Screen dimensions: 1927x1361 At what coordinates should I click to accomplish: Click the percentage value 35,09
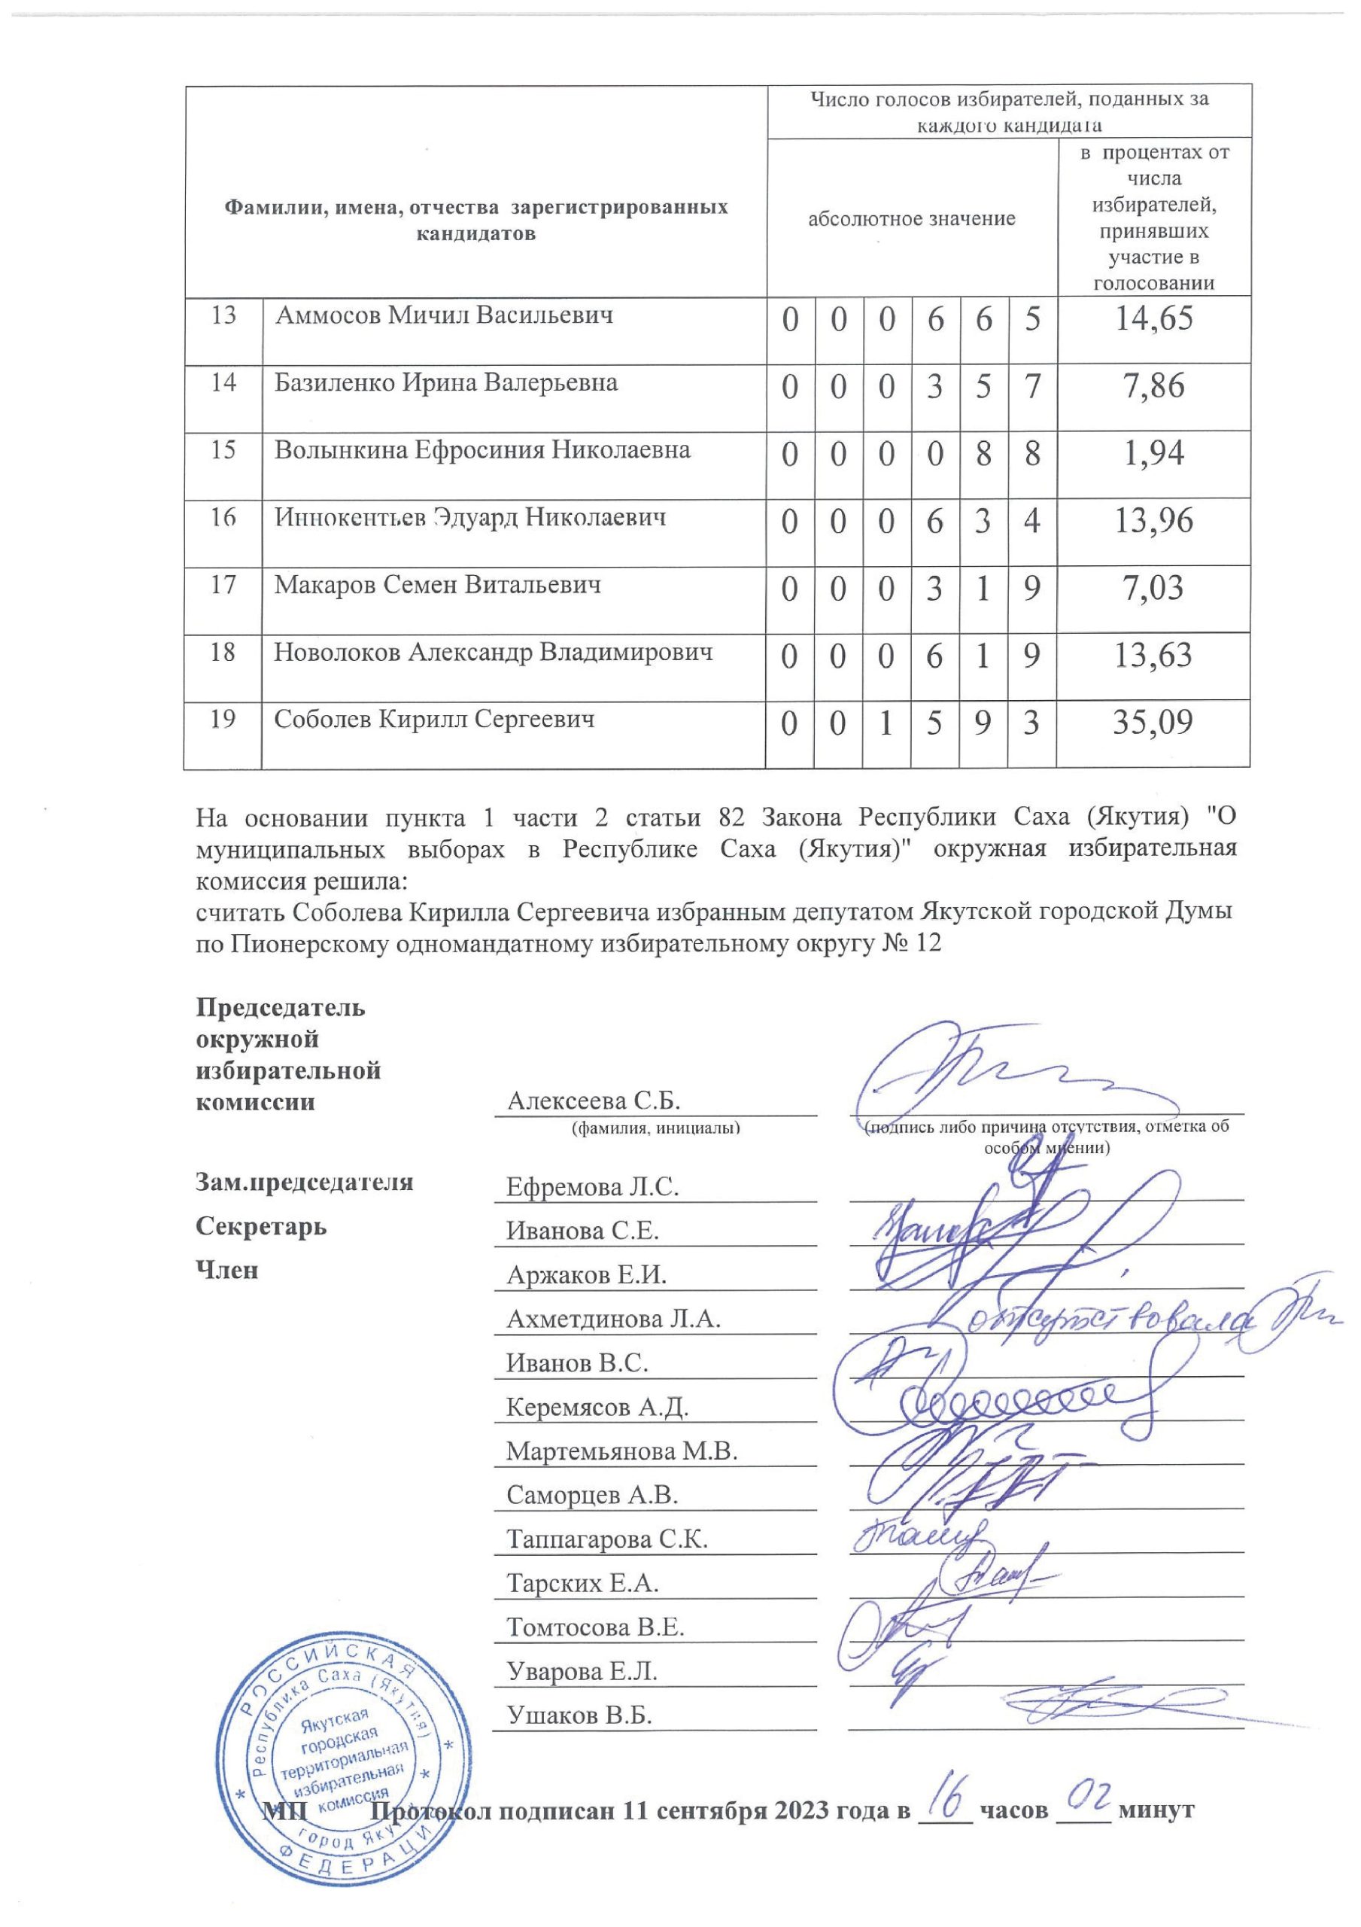(x=1152, y=723)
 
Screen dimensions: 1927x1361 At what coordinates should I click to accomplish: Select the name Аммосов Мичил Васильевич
(x=444, y=315)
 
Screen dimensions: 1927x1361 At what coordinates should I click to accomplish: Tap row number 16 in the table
(x=223, y=517)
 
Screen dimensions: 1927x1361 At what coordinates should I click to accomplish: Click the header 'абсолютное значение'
(x=911, y=220)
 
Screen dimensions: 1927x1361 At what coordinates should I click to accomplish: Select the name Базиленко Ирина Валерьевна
(x=445, y=382)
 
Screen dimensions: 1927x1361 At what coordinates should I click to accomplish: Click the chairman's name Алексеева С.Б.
(x=594, y=1100)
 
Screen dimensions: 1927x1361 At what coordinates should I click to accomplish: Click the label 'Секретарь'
(x=261, y=1227)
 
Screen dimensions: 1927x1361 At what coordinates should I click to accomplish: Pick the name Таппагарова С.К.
(x=606, y=1539)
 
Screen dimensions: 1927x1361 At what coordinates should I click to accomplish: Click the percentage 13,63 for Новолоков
(x=1152, y=656)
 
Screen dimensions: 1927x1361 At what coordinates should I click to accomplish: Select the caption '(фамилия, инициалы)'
(x=655, y=1129)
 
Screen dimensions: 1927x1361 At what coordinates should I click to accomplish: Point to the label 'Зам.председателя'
(x=304, y=1183)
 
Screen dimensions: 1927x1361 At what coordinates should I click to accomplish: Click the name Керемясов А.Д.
(x=597, y=1407)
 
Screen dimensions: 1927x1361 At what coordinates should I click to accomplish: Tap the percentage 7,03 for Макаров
(x=1152, y=587)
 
